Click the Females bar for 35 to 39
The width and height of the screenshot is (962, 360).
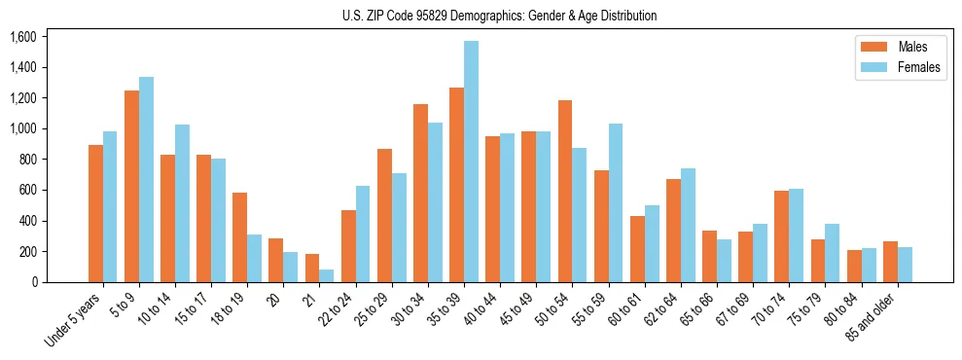471,162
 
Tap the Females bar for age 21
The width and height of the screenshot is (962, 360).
327,275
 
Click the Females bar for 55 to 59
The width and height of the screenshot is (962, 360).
615,203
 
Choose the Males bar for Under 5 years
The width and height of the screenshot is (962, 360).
95,214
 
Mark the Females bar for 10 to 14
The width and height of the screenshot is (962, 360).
183,203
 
